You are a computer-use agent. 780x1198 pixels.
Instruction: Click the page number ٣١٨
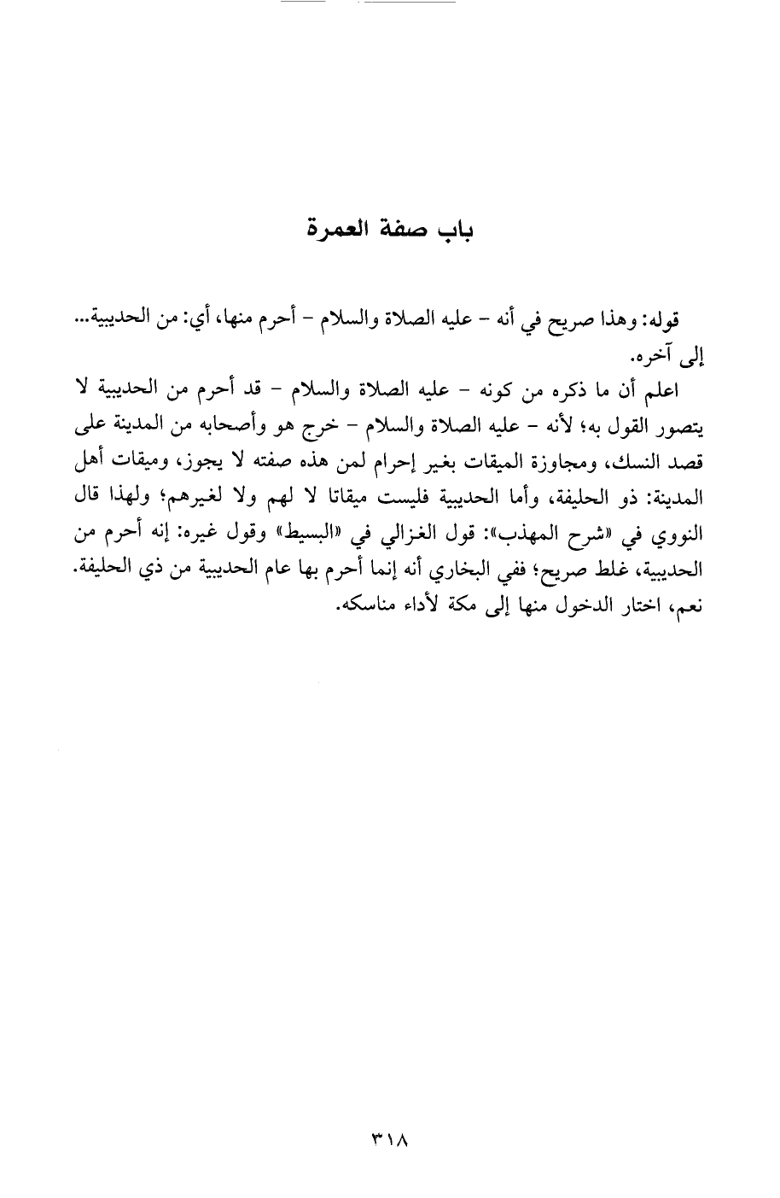pyautogui.click(x=390, y=1139)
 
